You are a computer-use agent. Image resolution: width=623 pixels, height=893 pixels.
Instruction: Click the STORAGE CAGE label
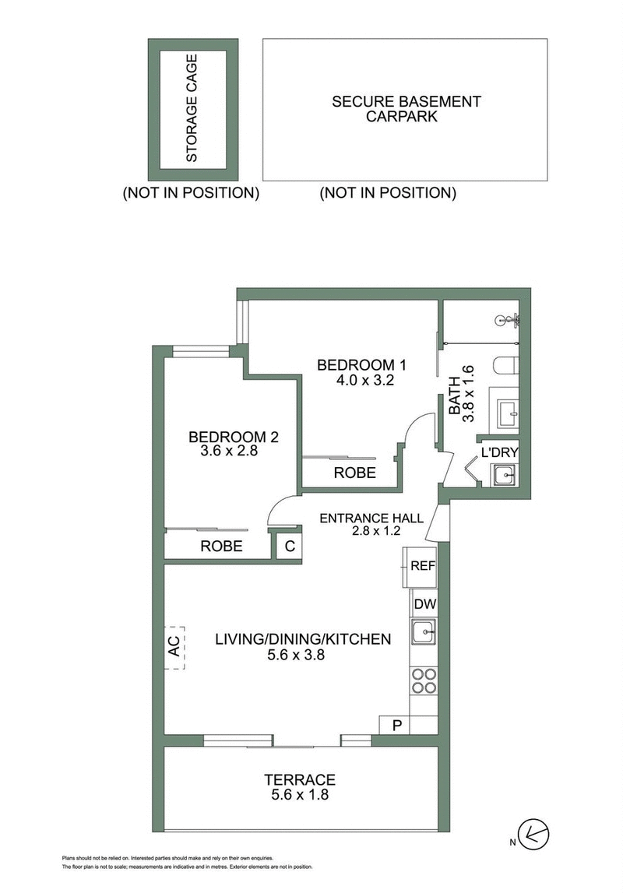click(x=192, y=107)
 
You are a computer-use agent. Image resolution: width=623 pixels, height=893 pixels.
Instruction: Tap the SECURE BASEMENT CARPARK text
click(x=406, y=109)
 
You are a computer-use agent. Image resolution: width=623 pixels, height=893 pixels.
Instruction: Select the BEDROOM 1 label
click(x=362, y=364)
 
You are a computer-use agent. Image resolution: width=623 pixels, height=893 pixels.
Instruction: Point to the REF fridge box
click(x=421, y=566)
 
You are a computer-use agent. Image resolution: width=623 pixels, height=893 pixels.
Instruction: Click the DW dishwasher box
click(x=424, y=603)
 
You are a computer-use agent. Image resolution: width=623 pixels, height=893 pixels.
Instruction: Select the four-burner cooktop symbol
click(x=424, y=681)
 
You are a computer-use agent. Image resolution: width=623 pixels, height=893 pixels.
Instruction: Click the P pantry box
click(x=396, y=726)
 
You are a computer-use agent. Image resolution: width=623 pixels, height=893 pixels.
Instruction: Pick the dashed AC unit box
click(x=174, y=649)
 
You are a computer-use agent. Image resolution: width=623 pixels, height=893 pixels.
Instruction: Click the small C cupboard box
click(x=289, y=546)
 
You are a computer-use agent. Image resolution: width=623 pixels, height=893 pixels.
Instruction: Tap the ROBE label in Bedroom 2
click(x=222, y=546)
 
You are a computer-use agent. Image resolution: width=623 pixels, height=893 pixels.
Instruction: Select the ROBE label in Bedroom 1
click(x=354, y=473)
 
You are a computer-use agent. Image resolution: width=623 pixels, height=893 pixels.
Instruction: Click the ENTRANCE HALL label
click(x=371, y=517)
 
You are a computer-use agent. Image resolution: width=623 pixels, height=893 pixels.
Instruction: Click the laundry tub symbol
click(x=505, y=473)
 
